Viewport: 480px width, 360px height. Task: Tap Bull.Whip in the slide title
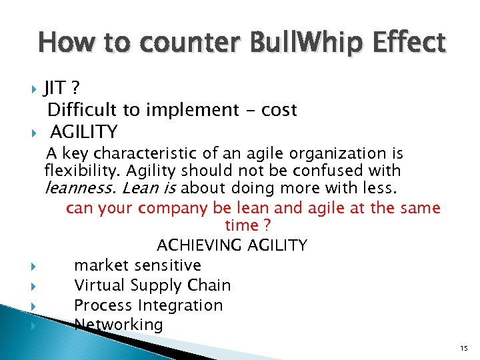point(306,43)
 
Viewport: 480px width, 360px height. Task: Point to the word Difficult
point(79,110)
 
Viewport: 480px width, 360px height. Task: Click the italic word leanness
point(75,188)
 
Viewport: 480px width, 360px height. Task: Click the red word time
point(241,226)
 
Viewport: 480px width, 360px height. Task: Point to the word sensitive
point(167,265)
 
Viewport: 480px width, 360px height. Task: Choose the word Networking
point(119,325)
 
